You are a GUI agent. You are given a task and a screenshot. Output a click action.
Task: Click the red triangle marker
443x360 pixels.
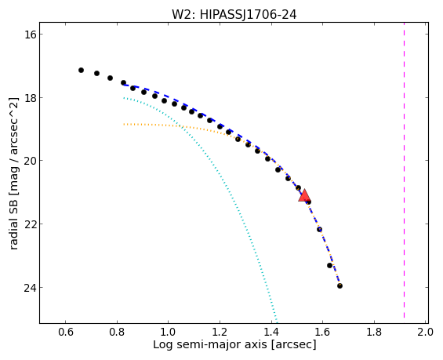coord(304,196)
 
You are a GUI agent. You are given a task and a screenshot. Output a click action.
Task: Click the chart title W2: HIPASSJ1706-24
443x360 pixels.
coord(234,14)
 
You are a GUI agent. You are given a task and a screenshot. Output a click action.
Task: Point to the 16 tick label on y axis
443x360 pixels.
coord(28,35)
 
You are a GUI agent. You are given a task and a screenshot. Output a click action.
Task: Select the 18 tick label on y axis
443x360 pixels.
coord(28,97)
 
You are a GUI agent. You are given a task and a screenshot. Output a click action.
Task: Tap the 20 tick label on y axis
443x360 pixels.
coord(28,161)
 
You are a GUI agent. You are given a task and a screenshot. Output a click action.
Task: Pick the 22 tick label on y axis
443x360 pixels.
coord(28,224)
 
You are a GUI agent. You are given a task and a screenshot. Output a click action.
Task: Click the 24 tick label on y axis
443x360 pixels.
coord(28,287)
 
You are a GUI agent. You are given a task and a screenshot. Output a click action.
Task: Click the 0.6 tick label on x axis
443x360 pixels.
coord(66,332)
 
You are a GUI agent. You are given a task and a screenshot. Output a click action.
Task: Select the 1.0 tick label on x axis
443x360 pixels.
coord(169,332)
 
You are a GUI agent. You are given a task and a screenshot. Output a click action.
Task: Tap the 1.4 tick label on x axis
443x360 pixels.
coord(271,332)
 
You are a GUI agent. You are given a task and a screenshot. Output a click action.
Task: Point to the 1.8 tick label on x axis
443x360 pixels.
coord(374,332)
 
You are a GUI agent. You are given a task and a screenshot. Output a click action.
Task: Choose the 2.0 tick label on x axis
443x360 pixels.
coord(426,332)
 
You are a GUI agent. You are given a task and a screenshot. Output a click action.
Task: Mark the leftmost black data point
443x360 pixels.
coord(81,70)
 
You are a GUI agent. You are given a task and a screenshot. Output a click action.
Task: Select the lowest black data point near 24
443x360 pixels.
coord(340,286)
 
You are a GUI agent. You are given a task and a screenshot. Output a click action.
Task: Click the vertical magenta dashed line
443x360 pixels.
coord(404,170)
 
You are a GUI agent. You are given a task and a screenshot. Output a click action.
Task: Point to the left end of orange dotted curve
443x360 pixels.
coord(124,124)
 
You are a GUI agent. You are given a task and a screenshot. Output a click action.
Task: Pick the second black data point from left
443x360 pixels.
coord(96,73)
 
